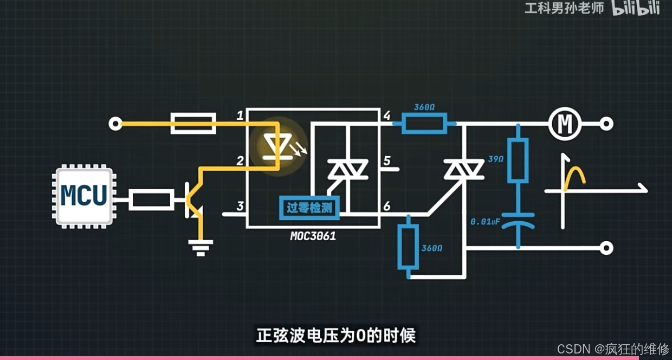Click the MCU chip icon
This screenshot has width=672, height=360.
click(84, 196)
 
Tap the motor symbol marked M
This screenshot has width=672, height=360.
click(565, 124)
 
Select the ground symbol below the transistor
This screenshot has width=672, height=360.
click(201, 247)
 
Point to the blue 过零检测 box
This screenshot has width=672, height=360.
click(309, 208)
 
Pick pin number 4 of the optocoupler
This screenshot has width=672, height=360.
click(386, 115)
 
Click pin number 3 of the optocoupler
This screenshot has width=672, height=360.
click(240, 206)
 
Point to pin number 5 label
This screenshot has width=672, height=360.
click(386, 161)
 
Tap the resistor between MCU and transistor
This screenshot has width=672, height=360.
click(152, 200)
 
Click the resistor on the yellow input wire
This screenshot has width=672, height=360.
click(193, 124)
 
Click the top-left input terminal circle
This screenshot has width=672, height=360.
click(115, 124)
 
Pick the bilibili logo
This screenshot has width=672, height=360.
click(636, 8)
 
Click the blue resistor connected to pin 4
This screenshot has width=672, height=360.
click(424, 124)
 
